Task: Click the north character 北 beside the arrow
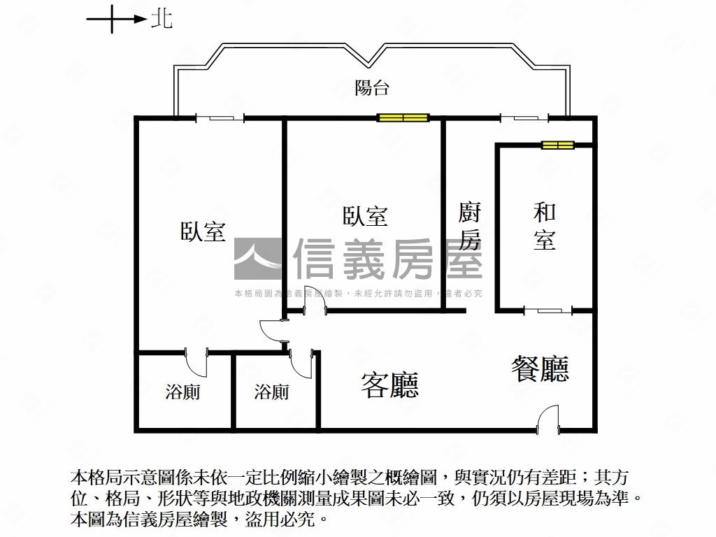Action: coord(162,20)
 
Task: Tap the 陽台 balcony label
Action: coord(371,88)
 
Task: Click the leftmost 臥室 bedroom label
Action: coord(203,231)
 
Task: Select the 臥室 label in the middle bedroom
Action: coord(365,216)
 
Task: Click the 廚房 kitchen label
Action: coord(469,226)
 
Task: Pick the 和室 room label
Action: coord(545,226)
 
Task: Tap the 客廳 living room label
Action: coord(389,384)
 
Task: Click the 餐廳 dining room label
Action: coord(540,368)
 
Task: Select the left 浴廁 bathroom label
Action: coord(182,392)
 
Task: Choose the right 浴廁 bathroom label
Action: coord(271,392)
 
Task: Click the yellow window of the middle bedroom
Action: coord(403,117)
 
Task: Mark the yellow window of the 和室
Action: coord(558,145)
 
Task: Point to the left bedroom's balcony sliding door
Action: coord(220,118)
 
